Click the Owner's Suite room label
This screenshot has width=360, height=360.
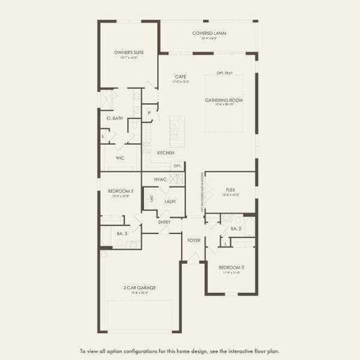126,53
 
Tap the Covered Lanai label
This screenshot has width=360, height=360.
209,33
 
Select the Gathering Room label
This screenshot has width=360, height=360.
224,100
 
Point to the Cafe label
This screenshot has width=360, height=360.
181,77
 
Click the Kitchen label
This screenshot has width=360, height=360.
166,153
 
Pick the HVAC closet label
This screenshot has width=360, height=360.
160,179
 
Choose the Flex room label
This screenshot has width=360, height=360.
230,190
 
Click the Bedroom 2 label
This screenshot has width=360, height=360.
231,267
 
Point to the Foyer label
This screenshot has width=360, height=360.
194,240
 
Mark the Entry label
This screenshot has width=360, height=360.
164,222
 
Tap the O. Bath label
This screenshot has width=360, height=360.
115,118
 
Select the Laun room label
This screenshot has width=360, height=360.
170,202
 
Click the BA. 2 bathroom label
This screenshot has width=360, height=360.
236,229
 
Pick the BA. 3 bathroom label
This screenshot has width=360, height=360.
122,233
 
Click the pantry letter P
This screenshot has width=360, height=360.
148,112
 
